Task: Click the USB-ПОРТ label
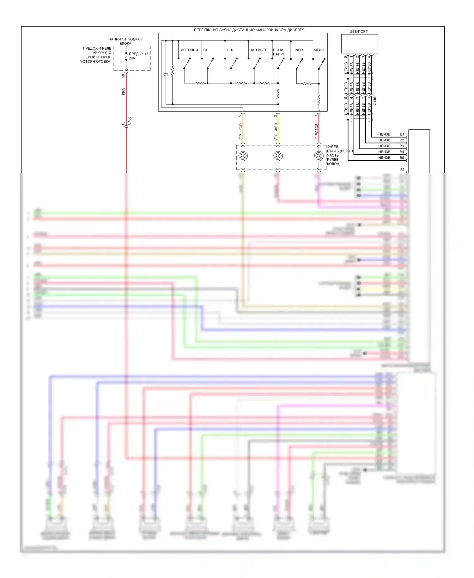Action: click(x=358, y=31)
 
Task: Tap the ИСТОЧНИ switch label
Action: click(x=189, y=50)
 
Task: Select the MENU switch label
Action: click(x=319, y=50)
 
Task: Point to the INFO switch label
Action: click(x=299, y=50)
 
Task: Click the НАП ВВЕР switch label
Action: click(x=258, y=50)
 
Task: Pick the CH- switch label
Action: click(x=230, y=50)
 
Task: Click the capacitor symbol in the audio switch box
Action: click(x=166, y=75)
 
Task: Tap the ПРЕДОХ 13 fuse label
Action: click(x=138, y=54)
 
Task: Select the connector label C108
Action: click(x=129, y=121)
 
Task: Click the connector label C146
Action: click(x=375, y=101)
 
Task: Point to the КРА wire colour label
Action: click(x=123, y=91)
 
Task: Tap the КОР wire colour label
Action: click(x=241, y=127)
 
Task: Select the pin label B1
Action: click(x=402, y=134)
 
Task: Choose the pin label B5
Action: click(x=402, y=158)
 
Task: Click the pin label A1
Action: click(x=402, y=169)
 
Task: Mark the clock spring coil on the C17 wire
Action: click(x=278, y=156)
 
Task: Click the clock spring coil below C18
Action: click(x=243, y=156)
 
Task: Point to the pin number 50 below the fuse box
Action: click(x=123, y=76)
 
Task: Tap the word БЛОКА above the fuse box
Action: click(x=125, y=44)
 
